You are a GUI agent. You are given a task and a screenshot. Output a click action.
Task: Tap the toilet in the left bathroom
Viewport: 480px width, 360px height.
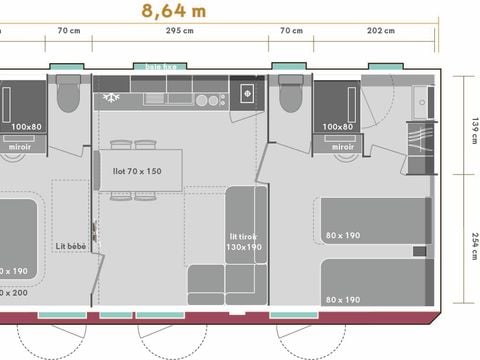pyautogui.click(x=68, y=98)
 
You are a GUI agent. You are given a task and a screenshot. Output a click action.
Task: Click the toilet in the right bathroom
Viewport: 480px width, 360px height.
pyautogui.click(x=288, y=98)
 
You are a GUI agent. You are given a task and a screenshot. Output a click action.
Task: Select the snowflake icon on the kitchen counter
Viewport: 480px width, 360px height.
pyautogui.click(x=109, y=99)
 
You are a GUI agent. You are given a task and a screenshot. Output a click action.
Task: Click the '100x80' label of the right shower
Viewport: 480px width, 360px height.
pyautogui.click(x=339, y=127)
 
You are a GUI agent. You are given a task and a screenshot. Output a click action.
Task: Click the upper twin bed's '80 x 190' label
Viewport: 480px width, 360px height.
pyautogui.click(x=342, y=237)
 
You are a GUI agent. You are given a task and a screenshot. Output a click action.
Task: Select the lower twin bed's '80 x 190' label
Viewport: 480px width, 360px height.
pyautogui.click(x=342, y=299)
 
